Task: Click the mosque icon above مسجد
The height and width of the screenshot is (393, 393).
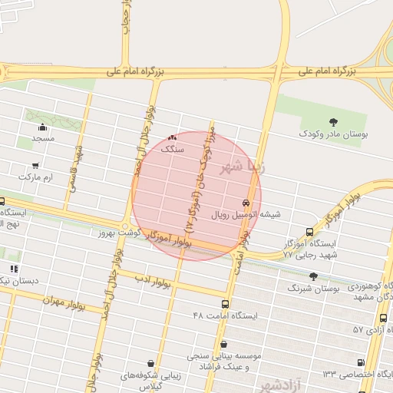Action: click(x=43, y=127)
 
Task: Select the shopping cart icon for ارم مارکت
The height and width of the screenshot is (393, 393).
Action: click(x=36, y=166)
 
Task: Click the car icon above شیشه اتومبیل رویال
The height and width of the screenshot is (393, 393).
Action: click(x=246, y=203)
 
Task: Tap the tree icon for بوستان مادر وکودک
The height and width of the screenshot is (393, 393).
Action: click(x=333, y=122)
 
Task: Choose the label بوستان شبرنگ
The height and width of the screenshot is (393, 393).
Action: click(x=313, y=289)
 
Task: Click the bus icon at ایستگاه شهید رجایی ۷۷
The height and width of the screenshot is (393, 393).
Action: click(x=309, y=232)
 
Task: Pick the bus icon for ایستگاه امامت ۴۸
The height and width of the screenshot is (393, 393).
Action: click(x=225, y=304)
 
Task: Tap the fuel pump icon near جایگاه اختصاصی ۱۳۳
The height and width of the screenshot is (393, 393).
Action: click(x=361, y=362)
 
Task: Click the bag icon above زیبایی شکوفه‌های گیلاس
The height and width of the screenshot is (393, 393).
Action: click(x=150, y=364)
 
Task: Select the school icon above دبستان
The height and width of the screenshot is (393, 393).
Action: click(x=14, y=269)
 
